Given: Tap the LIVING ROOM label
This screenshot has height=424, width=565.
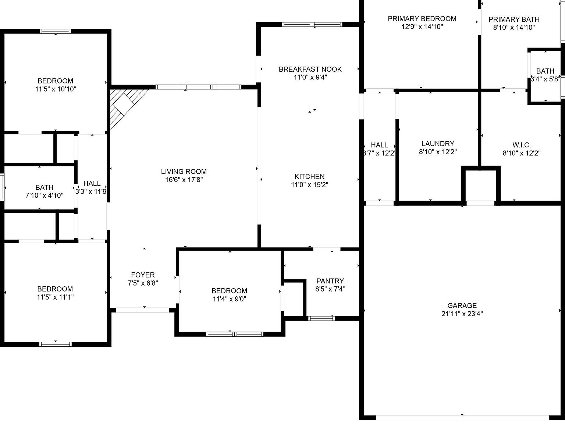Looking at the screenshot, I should pos(184,172).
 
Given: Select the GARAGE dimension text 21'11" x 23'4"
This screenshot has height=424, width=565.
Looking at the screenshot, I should pos(462,314).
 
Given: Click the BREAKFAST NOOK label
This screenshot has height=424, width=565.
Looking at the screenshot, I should pos(310,69).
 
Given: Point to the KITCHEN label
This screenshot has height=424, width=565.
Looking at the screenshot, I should pos(309,177).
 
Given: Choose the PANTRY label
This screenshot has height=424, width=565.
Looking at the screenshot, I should pos(330,281).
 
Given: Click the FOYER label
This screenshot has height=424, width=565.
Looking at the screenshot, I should pos(143,275).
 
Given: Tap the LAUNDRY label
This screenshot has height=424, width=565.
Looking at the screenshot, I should pos(437,144).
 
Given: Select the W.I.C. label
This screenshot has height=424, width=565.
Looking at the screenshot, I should pos(521,145).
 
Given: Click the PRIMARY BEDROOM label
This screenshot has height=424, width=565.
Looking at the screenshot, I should pos(422,19).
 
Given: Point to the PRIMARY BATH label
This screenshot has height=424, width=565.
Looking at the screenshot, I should pos(514,19).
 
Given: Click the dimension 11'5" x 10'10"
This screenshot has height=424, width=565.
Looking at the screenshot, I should pos(56,89).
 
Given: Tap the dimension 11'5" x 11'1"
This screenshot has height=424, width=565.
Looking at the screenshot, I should pos(55,297).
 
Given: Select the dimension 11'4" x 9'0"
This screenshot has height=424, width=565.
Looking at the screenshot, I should pos(229,299).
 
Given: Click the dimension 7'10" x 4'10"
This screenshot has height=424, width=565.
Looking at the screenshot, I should pos(44,196).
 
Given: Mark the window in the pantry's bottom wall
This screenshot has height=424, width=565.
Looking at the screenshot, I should pos(321,318).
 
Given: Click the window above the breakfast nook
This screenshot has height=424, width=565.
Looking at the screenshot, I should pos(312,25).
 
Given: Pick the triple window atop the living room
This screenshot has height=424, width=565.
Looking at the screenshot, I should pos(198,87).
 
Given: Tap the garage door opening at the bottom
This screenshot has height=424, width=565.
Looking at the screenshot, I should pos(462,417).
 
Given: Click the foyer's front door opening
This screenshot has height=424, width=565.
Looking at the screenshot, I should pos(142,310).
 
